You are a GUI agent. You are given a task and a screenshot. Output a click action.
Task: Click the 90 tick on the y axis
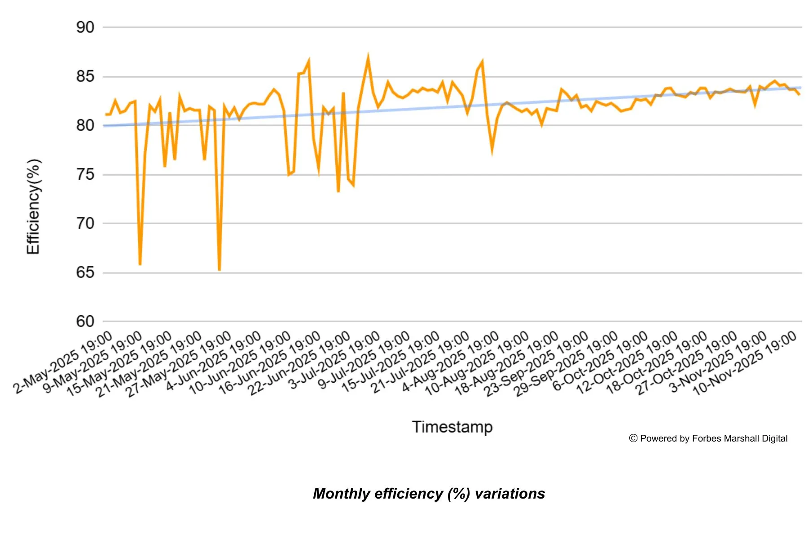(x=85, y=27)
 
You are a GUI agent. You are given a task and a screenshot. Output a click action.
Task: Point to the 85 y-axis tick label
(x=85, y=77)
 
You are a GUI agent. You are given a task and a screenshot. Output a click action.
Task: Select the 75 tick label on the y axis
(x=85, y=175)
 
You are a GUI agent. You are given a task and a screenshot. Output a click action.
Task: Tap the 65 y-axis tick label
(x=85, y=273)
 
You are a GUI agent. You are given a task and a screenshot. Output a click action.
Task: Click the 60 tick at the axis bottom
(x=85, y=322)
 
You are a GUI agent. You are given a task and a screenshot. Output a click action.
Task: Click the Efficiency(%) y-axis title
(x=33, y=207)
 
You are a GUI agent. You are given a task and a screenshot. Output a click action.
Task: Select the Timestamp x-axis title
(x=452, y=427)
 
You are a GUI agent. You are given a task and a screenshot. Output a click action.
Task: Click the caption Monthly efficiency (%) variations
(x=429, y=494)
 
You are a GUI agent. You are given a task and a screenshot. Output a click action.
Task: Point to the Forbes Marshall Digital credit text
(x=713, y=438)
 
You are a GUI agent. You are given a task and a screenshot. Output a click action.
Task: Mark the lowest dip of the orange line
(x=219, y=270)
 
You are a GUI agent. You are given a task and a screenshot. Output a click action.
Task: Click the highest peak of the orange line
(x=368, y=57)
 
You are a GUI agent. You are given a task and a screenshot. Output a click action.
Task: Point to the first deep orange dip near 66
(x=140, y=265)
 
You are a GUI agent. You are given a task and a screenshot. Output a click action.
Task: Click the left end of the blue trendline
(x=104, y=126)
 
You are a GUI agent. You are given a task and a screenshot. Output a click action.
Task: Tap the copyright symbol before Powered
(x=633, y=438)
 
